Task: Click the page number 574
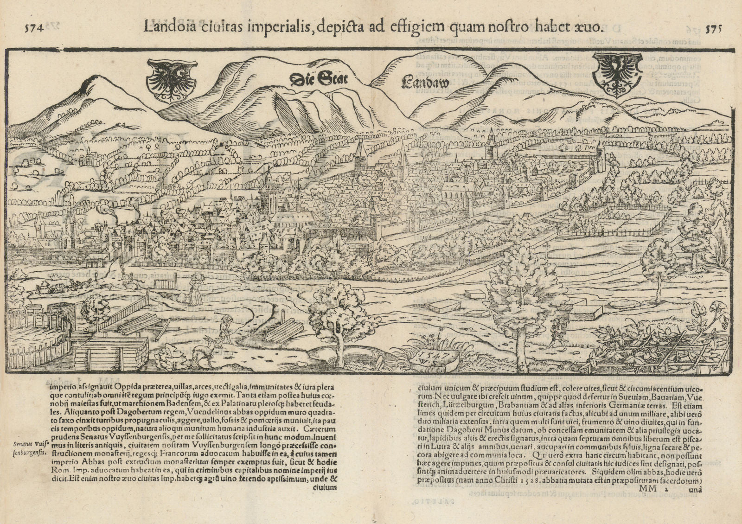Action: tap(33, 28)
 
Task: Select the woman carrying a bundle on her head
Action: tap(195, 289)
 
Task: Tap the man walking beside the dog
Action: tap(225, 329)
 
